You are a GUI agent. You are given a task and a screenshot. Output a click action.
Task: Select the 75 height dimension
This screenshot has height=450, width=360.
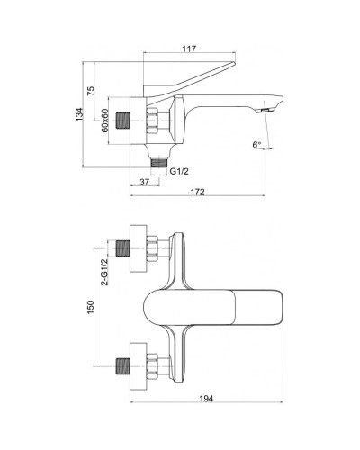click(92, 92)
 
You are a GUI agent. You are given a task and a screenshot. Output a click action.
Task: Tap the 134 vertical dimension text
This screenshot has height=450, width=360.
click(80, 114)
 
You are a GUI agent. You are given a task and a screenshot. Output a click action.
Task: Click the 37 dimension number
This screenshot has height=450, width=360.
click(145, 183)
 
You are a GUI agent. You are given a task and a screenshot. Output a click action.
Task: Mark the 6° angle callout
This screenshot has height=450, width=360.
click(256, 144)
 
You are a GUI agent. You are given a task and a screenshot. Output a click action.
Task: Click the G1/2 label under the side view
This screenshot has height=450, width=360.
click(181, 171)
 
